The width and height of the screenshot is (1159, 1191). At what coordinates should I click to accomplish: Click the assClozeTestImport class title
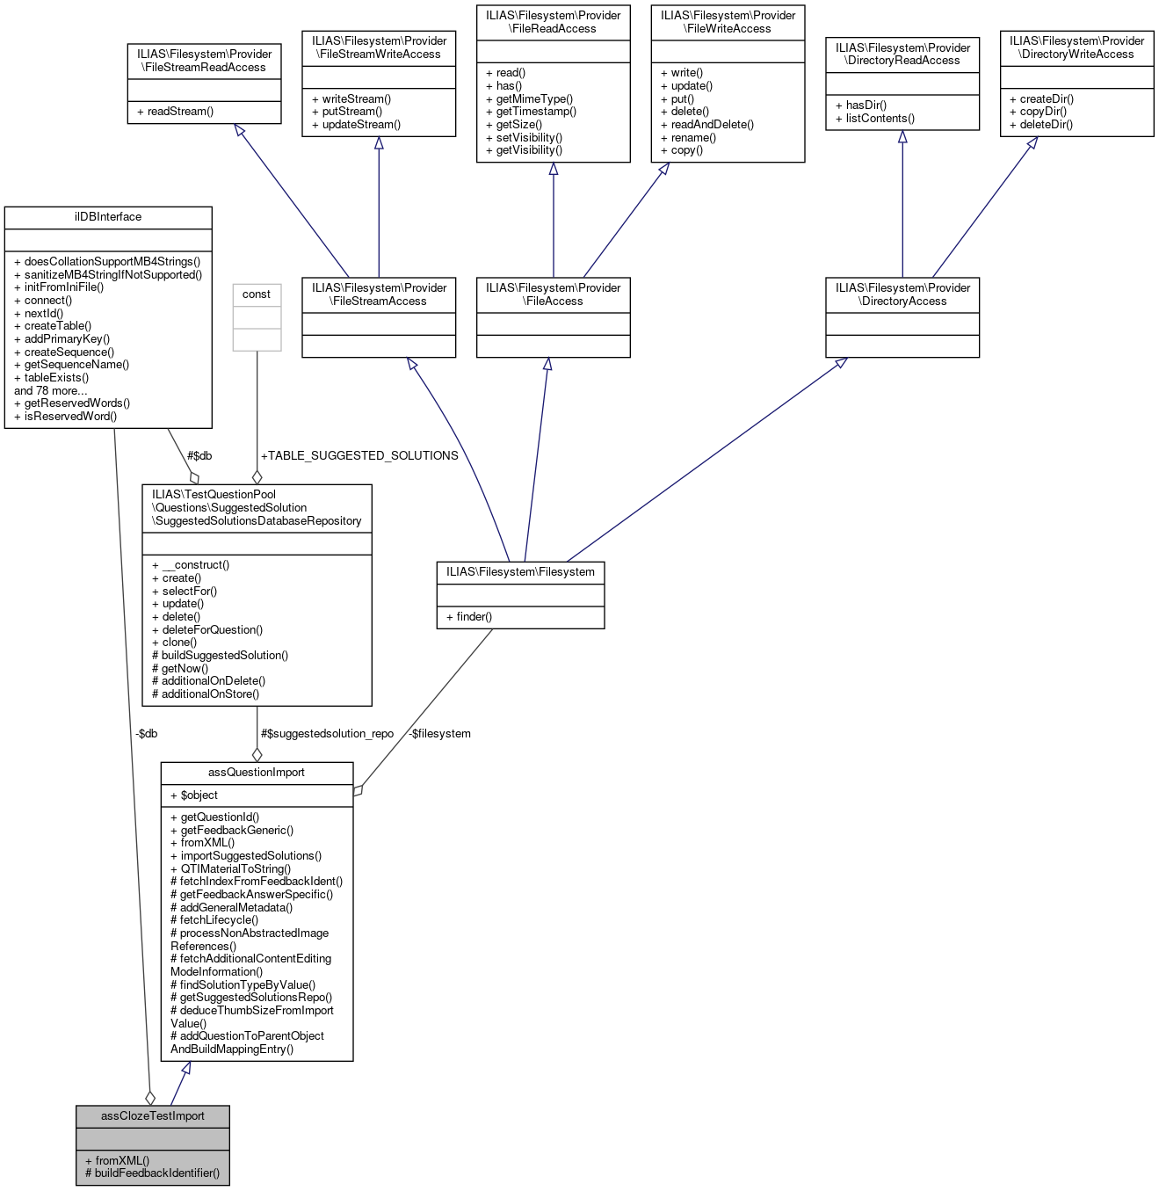tap(153, 1116)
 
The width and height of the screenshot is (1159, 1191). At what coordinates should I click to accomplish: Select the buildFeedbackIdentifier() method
tap(152, 1173)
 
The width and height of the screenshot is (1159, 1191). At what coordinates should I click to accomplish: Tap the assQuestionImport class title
tap(257, 773)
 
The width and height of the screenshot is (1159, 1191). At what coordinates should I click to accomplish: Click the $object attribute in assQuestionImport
tap(199, 795)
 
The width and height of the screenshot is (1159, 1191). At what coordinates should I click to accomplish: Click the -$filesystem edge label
tap(438, 734)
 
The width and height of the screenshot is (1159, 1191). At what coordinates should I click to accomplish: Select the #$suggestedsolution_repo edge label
tap(327, 734)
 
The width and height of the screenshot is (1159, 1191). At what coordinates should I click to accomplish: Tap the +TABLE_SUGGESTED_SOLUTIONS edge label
tap(359, 456)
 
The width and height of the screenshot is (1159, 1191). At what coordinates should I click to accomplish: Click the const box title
tap(257, 294)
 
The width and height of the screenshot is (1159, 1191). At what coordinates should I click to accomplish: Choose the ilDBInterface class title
tap(108, 217)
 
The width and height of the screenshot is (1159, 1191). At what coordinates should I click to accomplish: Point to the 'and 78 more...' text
tap(51, 391)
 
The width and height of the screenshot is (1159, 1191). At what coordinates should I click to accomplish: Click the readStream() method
tap(180, 112)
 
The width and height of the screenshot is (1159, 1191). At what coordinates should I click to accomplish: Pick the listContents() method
tap(880, 119)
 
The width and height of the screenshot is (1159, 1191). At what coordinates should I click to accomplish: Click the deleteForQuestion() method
tap(212, 630)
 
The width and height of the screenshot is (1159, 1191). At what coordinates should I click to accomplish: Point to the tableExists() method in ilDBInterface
tap(56, 378)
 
